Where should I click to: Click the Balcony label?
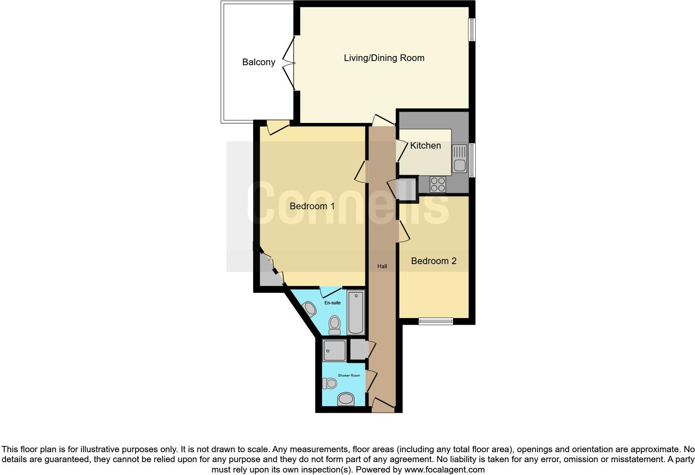pos(259,62)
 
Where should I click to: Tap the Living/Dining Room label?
pos(384,58)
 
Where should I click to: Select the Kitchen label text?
pos(425,146)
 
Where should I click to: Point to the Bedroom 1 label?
pos(312,206)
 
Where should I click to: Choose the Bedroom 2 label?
pos(434,261)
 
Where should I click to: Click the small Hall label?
pos(382,267)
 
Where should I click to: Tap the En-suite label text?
pos(333,303)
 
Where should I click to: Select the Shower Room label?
pos(349,376)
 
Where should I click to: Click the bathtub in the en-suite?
pos(356,313)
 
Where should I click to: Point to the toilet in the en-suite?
pos(334,325)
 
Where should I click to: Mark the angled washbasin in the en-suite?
pos(310,309)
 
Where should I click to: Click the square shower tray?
pos(335,350)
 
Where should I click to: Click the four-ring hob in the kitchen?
pos(438,184)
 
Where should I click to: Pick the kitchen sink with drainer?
pos(459,158)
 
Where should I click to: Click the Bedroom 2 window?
pos(436,321)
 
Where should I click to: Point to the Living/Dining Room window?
pos(472,29)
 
